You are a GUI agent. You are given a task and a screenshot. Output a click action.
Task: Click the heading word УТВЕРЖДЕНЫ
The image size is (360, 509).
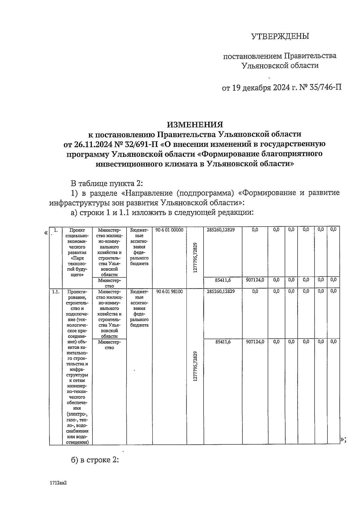pyautogui.click(x=280, y=37)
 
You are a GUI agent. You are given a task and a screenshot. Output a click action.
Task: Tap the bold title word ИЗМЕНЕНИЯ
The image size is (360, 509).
pyautogui.click(x=195, y=124)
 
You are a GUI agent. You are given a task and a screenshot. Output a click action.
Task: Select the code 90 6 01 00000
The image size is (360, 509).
pyautogui.click(x=169, y=230)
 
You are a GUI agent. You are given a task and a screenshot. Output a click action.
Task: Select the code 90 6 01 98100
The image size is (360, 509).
pyautogui.click(x=169, y=291)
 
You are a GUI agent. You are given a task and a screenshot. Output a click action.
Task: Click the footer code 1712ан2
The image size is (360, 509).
pyautogui.click(x=58, y=484)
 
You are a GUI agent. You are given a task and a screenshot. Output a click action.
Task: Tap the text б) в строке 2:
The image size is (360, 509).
pyautogui.click(x=95, y=460)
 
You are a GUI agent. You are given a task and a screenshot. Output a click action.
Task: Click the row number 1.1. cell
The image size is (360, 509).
pyautogui.click(x=55, y=291)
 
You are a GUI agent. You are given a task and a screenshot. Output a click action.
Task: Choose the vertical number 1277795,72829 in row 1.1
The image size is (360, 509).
pyautogui.click(x=195, y=366)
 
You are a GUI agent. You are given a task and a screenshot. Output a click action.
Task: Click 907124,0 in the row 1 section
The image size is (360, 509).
pyautogui.click(x=255, y=280)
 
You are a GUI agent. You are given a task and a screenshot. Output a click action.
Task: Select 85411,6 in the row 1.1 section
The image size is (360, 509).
pyautogui.click(x=223, y=341)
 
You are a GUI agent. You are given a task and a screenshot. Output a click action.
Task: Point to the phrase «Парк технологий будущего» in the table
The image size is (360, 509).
pyautogui.click(x=77, y=266)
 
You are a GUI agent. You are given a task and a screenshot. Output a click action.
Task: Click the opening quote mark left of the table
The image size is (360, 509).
pyautogui.click(x=46, y=233)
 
